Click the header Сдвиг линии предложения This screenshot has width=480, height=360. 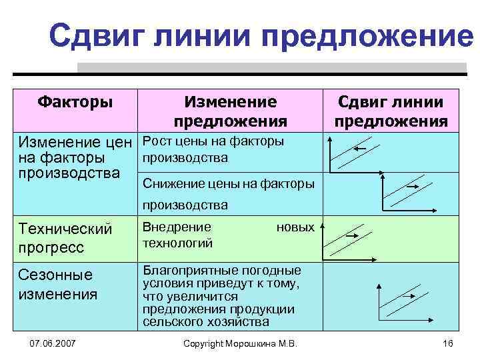click(x=391, y=111)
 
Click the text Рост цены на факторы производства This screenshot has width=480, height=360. click(x=213, y=149)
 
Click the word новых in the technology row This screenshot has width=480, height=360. click(x=295, y=227)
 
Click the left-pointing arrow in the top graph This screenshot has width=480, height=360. click(x=359, y=149)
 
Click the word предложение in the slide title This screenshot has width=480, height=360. click(x=367, y=35)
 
